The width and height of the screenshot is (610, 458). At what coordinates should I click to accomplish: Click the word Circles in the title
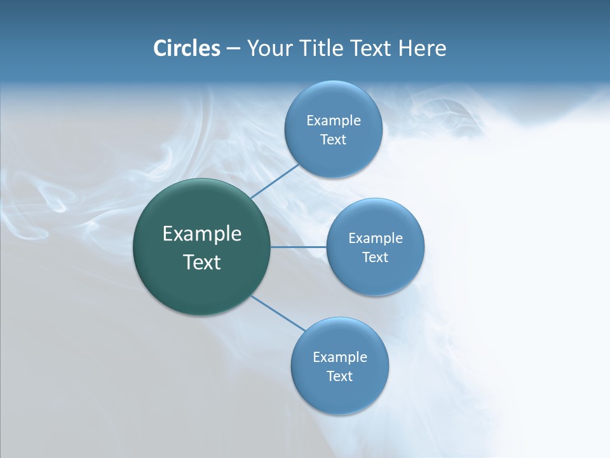(186, 48)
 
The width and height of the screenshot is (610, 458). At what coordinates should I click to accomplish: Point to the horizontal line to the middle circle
(298, 247)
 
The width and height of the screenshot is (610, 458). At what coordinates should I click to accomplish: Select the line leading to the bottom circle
(278, 313)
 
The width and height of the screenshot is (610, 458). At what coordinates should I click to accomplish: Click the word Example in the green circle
(202, 234)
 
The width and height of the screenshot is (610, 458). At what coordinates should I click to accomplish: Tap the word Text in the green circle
(202, 262)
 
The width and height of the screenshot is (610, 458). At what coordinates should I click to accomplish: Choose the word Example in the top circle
(334, 120)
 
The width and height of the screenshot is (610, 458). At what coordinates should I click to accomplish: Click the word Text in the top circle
(333, 140)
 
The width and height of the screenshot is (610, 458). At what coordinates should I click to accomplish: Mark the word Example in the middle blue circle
(376, 238)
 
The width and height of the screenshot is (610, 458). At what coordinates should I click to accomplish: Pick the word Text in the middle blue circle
(375, 258)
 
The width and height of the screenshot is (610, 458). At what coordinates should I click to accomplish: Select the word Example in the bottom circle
(340, 357)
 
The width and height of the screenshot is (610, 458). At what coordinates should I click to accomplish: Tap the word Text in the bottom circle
(339, 377)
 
